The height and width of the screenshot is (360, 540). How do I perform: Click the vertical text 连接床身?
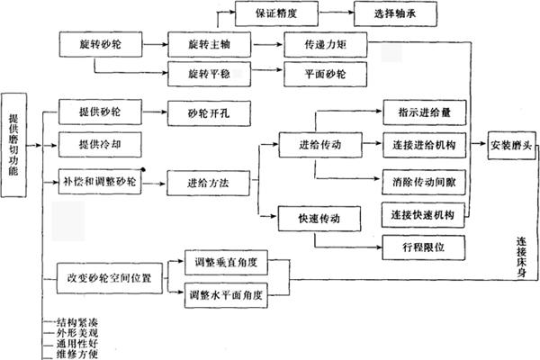point(521,258)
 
